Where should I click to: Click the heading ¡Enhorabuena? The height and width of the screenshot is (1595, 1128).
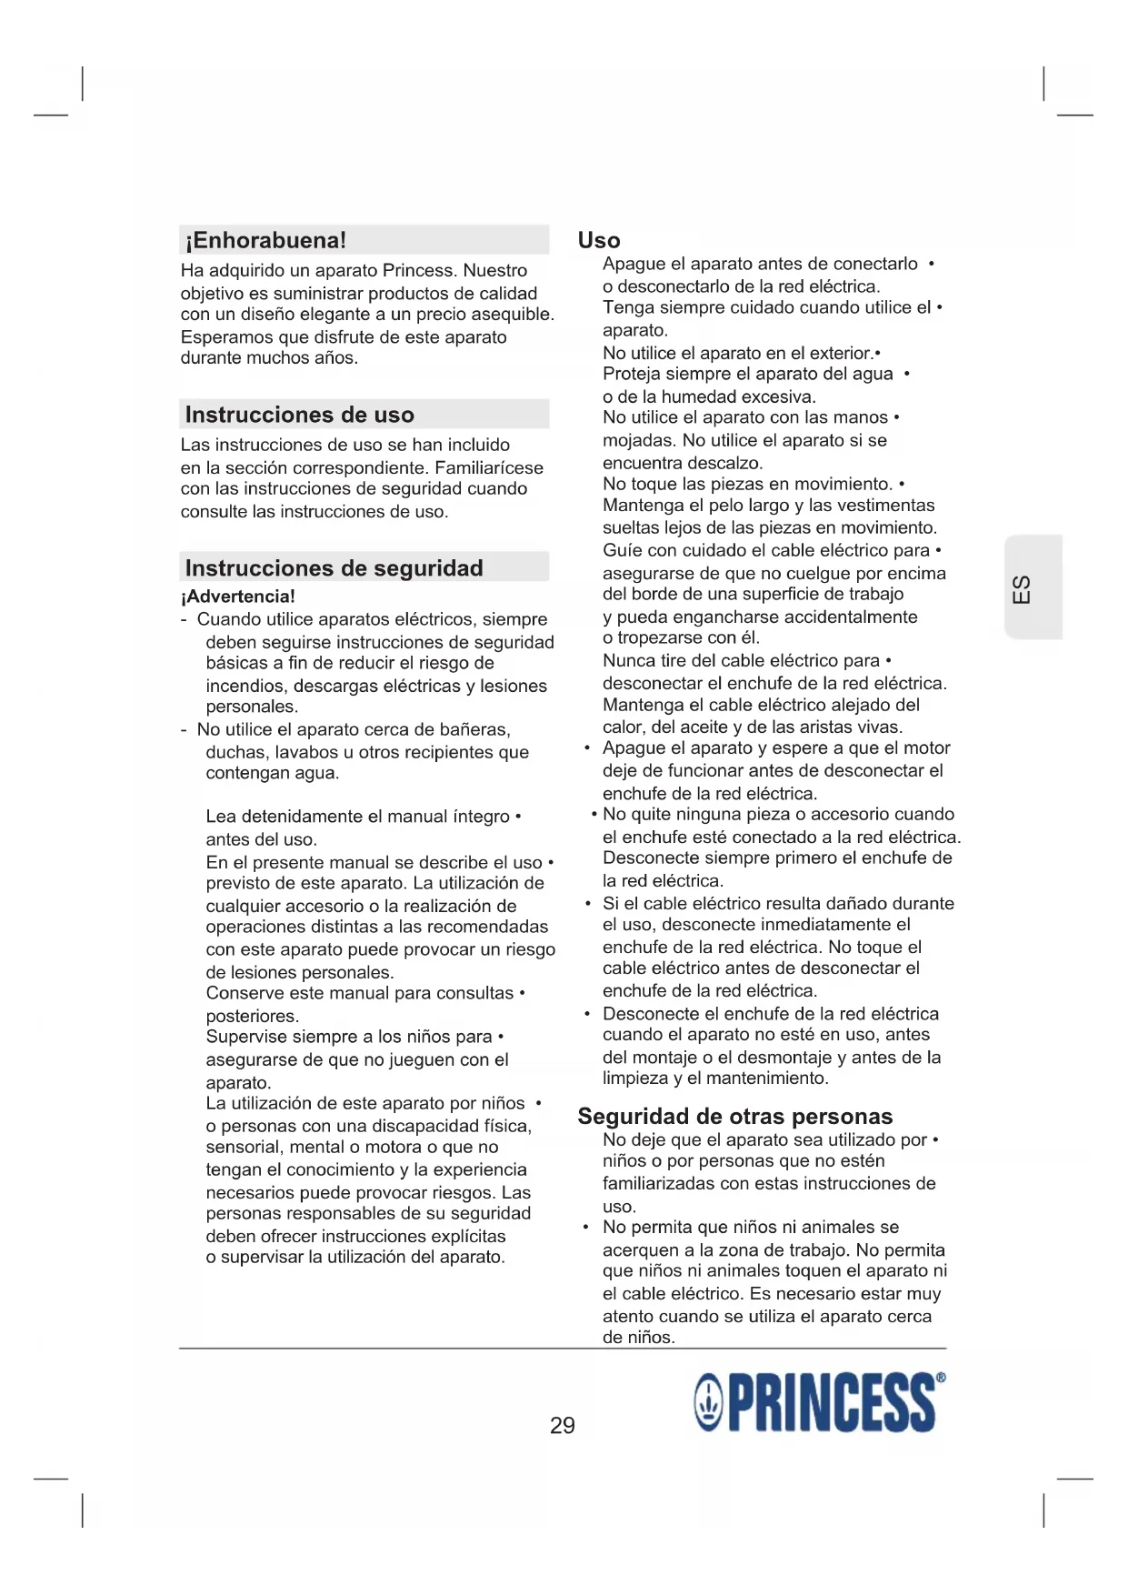click(265, 240)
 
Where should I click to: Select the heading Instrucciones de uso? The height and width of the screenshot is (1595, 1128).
click(299, 415)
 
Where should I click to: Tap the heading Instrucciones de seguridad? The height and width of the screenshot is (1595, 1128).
click(334, 568)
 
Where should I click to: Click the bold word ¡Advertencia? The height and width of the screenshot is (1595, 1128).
click(237, 597)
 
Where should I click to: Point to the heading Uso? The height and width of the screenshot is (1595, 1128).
click(599, 240)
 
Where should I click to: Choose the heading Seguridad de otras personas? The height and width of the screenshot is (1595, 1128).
click(734, 1116)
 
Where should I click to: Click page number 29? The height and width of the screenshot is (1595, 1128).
click(562, 1425)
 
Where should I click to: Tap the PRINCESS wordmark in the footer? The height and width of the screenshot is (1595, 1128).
click(831, 1403)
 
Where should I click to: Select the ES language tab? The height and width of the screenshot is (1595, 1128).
click(1023, 588)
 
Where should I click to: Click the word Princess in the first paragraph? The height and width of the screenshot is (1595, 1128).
click(418, 270)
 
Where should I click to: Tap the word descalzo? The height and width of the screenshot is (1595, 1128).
click(724, 463)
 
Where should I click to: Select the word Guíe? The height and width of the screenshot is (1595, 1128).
click(621, 550)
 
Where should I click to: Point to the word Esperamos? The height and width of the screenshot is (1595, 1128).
click(227, 336)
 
